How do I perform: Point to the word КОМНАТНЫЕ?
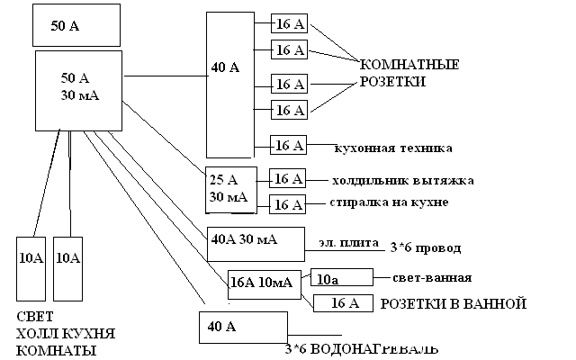pyautogui.click(x=409, y=65)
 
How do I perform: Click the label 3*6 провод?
pyautogui.click(x=426, y=248)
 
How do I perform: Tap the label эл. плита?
pyautogui.click(x=348, y=243)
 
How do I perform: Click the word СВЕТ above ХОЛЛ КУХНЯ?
pyautogui.click(x=35, y=316)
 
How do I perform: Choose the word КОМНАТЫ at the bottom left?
pyautogui.click(x=56, y=350)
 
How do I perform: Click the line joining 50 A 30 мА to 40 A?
pyautogui.click(x=166, y=76)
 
